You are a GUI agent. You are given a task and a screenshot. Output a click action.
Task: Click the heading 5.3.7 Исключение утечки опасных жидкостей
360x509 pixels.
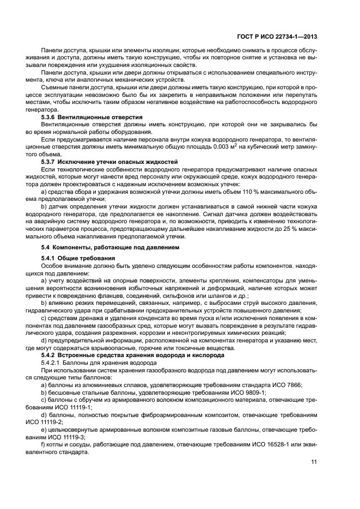(x=110, y=162)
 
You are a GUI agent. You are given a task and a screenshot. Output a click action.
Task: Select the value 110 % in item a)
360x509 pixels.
(x=237, y=192)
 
